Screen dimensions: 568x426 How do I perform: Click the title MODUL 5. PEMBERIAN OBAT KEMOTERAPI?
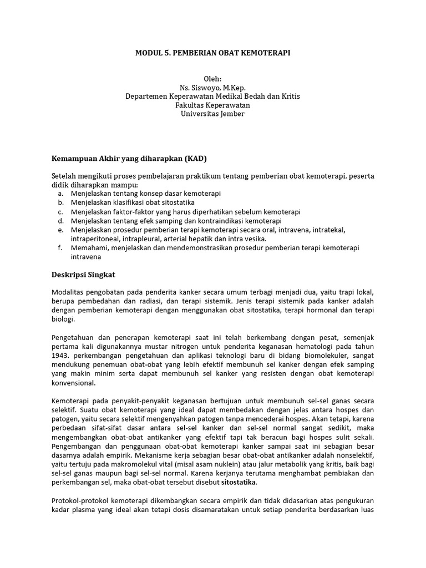(x=212, y=53)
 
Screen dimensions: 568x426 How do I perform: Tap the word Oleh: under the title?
(x=212, y=79)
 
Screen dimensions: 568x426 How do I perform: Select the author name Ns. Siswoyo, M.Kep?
(x=212, y=88)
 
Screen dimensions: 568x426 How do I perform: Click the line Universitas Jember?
(x=212, y=114)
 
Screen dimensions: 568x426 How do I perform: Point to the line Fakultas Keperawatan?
(x=212, y=105)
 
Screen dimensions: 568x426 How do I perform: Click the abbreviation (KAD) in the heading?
(x=192, y=158)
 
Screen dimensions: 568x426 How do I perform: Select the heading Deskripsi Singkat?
(x=83, y=274)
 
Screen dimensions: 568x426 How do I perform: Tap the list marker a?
(x=60, y=193)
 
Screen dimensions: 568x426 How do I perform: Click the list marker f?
(x=59, y=248)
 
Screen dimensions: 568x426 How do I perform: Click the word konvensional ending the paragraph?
(x=73, y=383)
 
